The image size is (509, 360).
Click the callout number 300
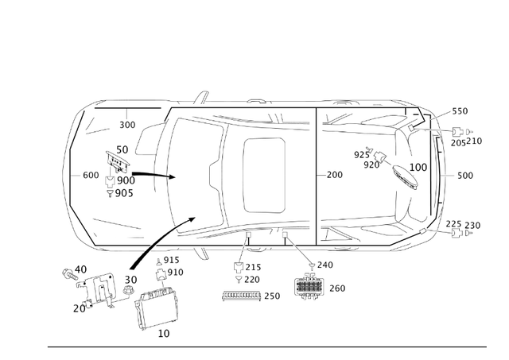click(128, 125)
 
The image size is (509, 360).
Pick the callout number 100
click(418, 168)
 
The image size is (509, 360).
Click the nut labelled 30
click(127, 292)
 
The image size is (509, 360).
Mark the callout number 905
click(124, 193)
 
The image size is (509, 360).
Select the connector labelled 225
click(454, 235)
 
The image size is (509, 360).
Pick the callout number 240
click(325, 265)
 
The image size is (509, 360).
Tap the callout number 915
click(172, 261)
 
